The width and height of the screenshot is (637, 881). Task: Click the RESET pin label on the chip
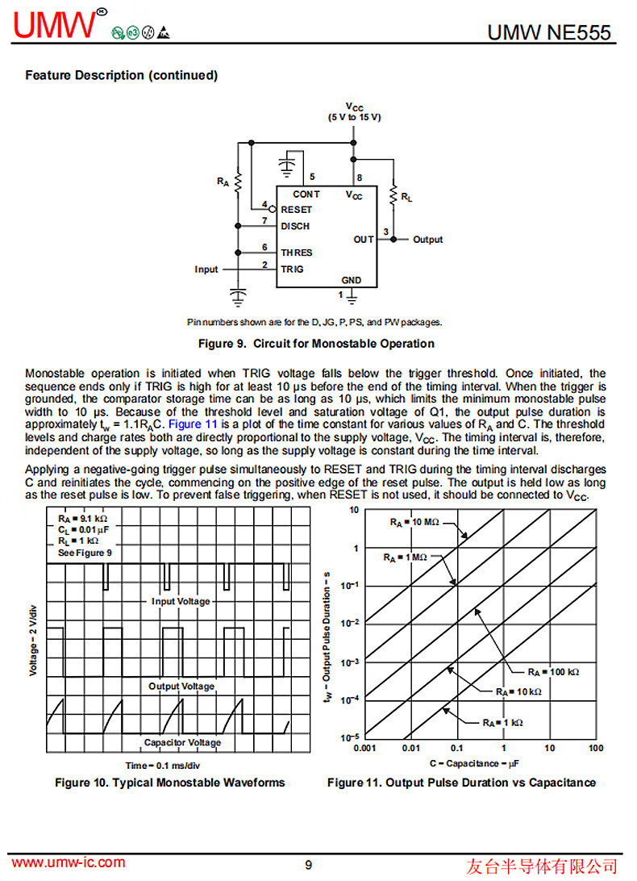pyautogui.click(x=296, y=210)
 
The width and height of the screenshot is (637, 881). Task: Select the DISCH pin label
pyautogui.click(x=295, y=227)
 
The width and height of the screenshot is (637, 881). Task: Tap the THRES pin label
pyautogui.click(x=296, y=253)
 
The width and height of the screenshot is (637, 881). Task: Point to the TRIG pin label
pyautogui.click(x=292, y=269)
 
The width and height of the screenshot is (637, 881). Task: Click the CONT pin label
pyautogui.click(x=306, y=194)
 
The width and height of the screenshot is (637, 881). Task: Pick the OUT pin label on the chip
pyautogui.click(x=364, y=240)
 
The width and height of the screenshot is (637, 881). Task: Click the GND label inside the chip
pyautogui.click(x=352, y=281)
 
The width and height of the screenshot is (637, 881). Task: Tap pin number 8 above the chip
pyautogui.click(x=359, y=177)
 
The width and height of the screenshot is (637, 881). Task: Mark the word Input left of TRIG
pyautogui.click(x=206, y=269)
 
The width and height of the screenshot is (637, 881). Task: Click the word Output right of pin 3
pyautogui.click(x=428, y=240)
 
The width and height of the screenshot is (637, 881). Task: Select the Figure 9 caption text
pyautogui.click(x=316, y=344)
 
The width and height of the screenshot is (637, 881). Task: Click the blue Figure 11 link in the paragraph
pyautogui.click(x=192, y=424)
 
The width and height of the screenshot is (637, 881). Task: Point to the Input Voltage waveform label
pyautogui.click(x=181, y=601)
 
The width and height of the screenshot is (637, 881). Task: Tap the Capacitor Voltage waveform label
pyautogui.click(x=182, y=742)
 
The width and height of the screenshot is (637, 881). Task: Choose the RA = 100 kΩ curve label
pyautogui.click(x=554, y=671)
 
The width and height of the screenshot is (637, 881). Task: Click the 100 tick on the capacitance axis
pyautogui.click(x=596, y=749)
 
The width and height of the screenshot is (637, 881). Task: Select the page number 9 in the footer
pyautogui.click(x=309, y=865)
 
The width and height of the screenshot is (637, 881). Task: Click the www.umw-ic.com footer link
pyautogui.click(x=69, y=862)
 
